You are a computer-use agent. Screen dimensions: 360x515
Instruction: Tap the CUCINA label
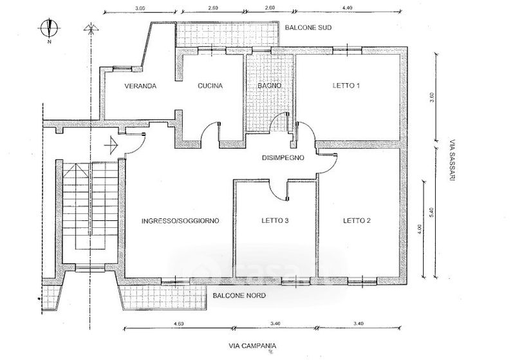[211, 86]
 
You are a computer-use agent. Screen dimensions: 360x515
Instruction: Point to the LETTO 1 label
[346, 86]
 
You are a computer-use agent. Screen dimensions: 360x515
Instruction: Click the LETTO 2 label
[356, 221]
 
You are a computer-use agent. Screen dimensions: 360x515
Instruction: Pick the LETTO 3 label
[275, 221]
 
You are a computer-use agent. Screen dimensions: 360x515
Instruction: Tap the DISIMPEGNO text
[283, 158]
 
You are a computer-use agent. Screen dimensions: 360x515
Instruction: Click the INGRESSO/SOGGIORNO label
[180, 221]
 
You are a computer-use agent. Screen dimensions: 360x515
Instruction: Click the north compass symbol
[49, 28]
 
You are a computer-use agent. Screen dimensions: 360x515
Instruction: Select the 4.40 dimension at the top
[348, 7]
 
